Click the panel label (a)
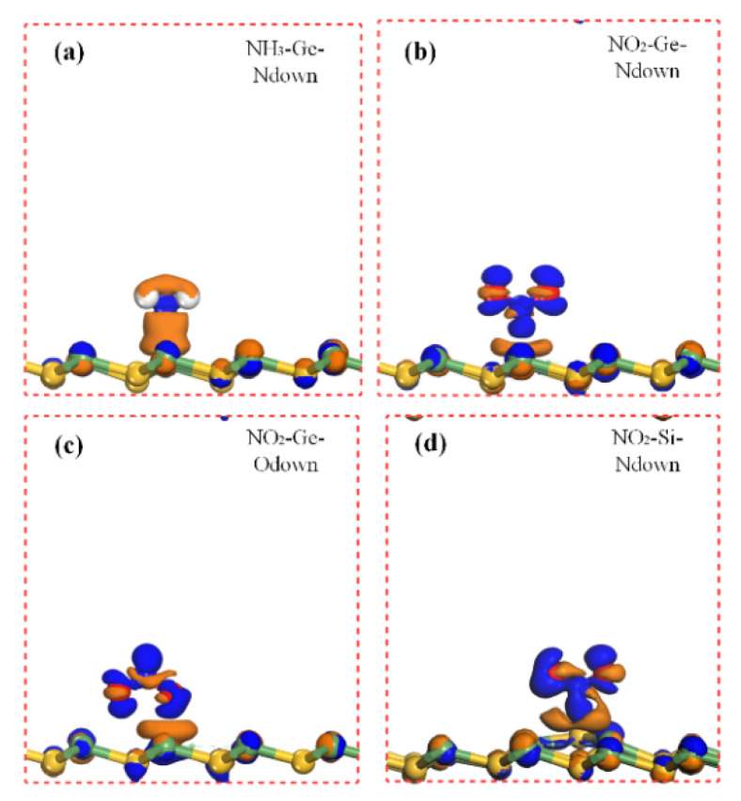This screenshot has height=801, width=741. pyautogui.click(x=69, y=53)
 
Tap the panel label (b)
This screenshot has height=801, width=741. pyautogui.click(x=420, y=53)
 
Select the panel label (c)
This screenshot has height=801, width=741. pyautogui.click(x=69, y=446)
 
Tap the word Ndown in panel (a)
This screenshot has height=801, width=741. pyautogui.click(x=291, y=74)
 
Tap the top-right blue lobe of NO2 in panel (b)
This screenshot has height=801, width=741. pyautogui.click(x=549, y=276)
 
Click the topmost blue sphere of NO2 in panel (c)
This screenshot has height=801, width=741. pyautogui.click(x=144, y=655)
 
